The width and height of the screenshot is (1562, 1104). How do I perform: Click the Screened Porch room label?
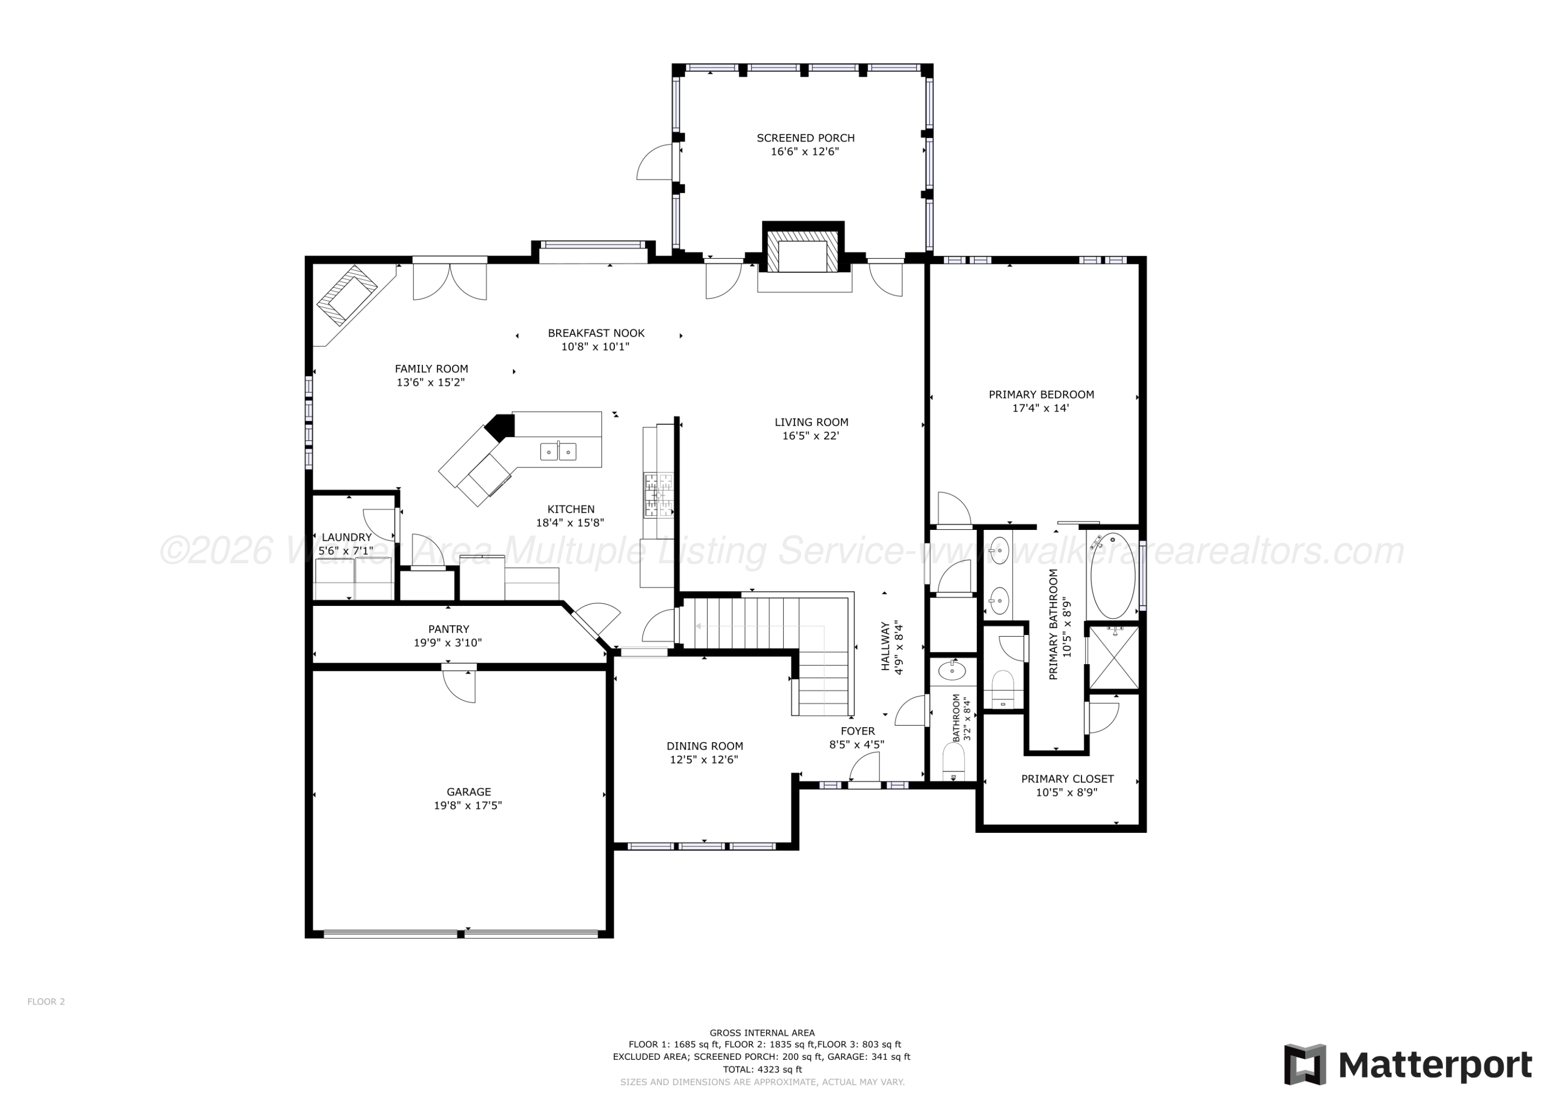tap(805, 138)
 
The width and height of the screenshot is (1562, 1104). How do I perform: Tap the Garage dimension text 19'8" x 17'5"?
tap(468, 805)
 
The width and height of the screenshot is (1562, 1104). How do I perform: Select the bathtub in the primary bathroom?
tap(1113, 575)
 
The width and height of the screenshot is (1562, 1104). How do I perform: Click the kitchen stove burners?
tap(659, 495)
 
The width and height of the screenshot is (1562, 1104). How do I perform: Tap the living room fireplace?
tap(803, 252)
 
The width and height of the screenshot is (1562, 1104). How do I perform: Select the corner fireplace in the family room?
tap(347, 295)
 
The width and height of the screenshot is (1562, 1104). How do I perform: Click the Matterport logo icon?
tap(1305, 1064)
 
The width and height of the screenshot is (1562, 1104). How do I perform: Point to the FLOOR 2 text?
tap(46, 1001)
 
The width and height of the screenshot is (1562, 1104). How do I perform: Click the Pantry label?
tap(448, 629)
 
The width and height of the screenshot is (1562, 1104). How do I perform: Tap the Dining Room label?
tap(705, 746)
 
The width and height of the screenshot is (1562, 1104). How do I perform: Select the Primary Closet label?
tap(1067, 779)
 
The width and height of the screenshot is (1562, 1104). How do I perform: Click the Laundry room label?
tap(347, 537)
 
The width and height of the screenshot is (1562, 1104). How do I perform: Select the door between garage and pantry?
tap(459, 685)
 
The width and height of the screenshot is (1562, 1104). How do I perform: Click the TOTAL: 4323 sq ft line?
tap(762, 1069)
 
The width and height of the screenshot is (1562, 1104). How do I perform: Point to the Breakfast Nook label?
tap(596, 333)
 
